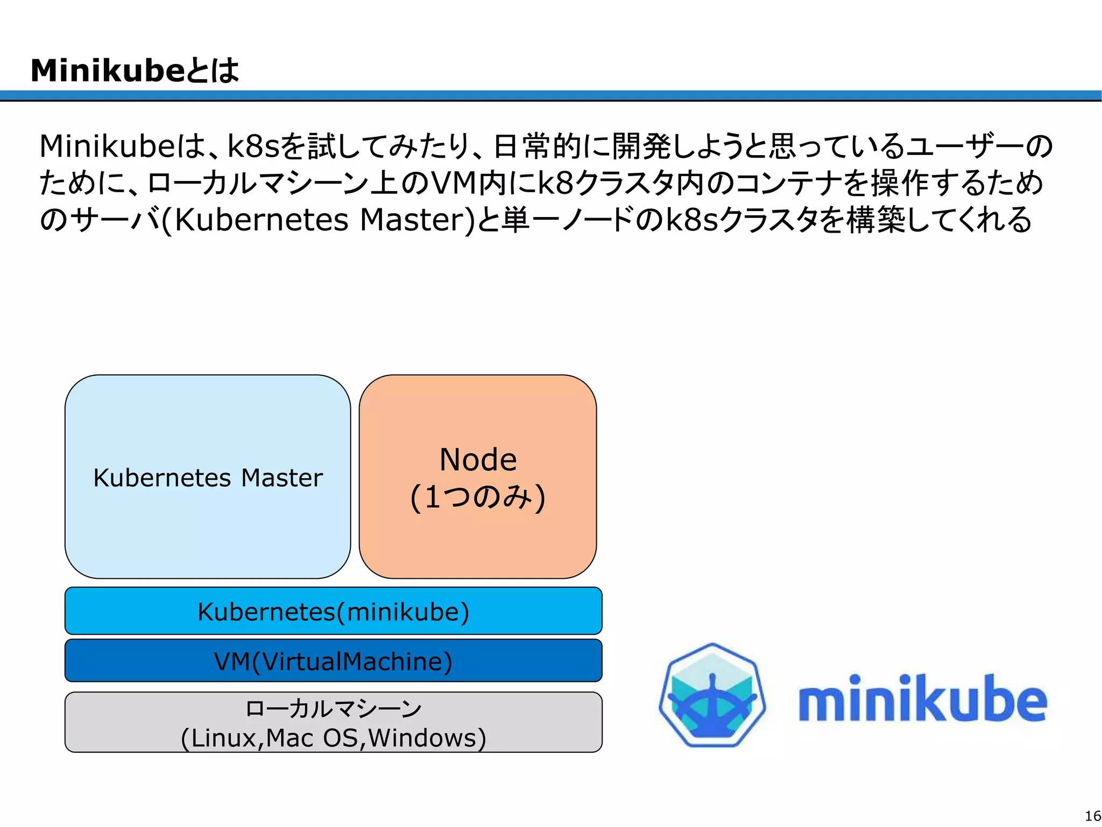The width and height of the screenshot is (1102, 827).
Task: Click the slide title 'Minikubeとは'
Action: click(x=135, y=71)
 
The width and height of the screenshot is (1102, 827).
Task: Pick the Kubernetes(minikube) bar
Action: click(x=333, y=611)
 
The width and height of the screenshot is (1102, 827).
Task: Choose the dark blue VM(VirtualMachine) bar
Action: click(x=333, y=661)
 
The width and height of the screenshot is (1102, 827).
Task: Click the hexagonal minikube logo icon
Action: click(x=712, y=695)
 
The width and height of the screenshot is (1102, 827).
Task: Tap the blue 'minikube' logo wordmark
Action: click(x=922, y=699)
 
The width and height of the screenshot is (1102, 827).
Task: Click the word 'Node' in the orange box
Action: click(x=478, y=460)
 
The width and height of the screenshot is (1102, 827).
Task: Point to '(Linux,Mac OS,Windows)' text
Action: click(x=333, y=738)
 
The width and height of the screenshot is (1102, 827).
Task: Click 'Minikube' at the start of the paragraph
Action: click(x=108, y=146)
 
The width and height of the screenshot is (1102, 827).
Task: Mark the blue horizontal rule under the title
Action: click(x=551, y=96)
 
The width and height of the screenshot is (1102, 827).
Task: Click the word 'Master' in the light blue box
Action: click(x=282, y=478)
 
